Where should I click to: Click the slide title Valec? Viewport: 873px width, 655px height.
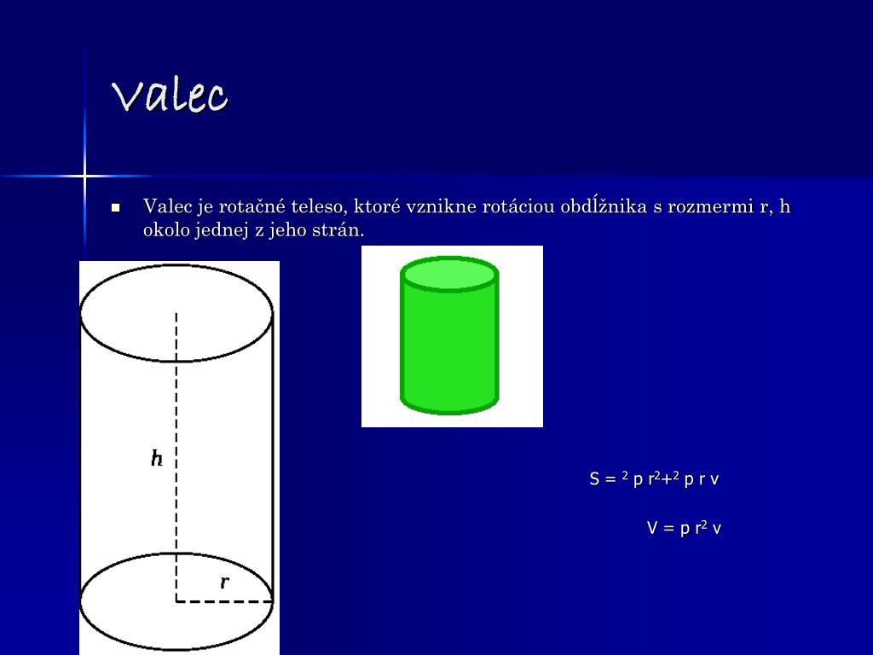[170, 95]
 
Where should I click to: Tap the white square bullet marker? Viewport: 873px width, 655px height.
[116, 207]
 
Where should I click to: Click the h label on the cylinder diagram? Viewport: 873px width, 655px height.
[157, 459]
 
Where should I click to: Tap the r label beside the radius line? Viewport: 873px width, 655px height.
[224, 583]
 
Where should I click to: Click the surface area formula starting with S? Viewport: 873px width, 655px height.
[654, 479]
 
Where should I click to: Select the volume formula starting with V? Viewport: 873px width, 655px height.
[684, 528]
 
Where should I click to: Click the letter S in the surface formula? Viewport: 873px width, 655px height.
[594, 479]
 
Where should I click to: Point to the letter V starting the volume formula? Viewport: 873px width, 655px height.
[652, 528]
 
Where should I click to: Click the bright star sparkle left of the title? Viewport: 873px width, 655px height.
[84, 176]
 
